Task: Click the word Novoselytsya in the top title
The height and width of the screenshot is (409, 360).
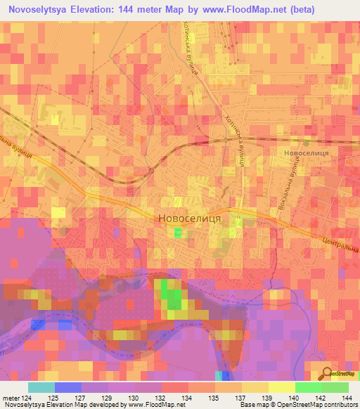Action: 39,9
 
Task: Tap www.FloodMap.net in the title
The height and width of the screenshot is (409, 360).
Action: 238,9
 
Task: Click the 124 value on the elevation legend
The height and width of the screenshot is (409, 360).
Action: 27,398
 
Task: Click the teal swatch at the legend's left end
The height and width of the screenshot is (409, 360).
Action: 41,387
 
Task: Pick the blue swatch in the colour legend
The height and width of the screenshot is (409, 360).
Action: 68,387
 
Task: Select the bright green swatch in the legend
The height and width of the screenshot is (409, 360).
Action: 309,387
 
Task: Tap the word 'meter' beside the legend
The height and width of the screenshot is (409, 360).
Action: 11,398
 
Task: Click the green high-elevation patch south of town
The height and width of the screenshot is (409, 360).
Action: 172,295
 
